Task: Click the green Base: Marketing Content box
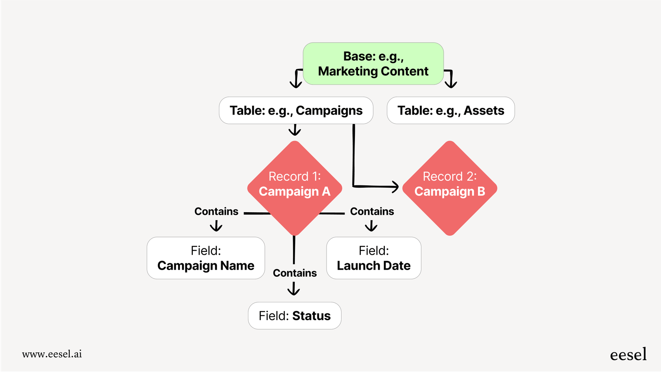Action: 373,64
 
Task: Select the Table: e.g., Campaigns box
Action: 296,111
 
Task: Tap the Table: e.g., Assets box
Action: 451,111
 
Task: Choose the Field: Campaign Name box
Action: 206,258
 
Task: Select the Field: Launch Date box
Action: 374,258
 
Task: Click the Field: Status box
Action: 294,316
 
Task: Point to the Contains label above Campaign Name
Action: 216,211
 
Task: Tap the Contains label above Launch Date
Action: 372,211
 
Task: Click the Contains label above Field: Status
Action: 295,273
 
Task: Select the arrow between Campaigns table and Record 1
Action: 295,130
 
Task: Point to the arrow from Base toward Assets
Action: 451,79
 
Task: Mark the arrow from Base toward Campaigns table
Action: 296,79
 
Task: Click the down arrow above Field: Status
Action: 294,290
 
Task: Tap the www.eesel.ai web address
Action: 52,354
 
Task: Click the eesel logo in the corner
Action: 628,354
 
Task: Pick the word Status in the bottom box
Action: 311,316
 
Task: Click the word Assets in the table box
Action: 484,111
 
